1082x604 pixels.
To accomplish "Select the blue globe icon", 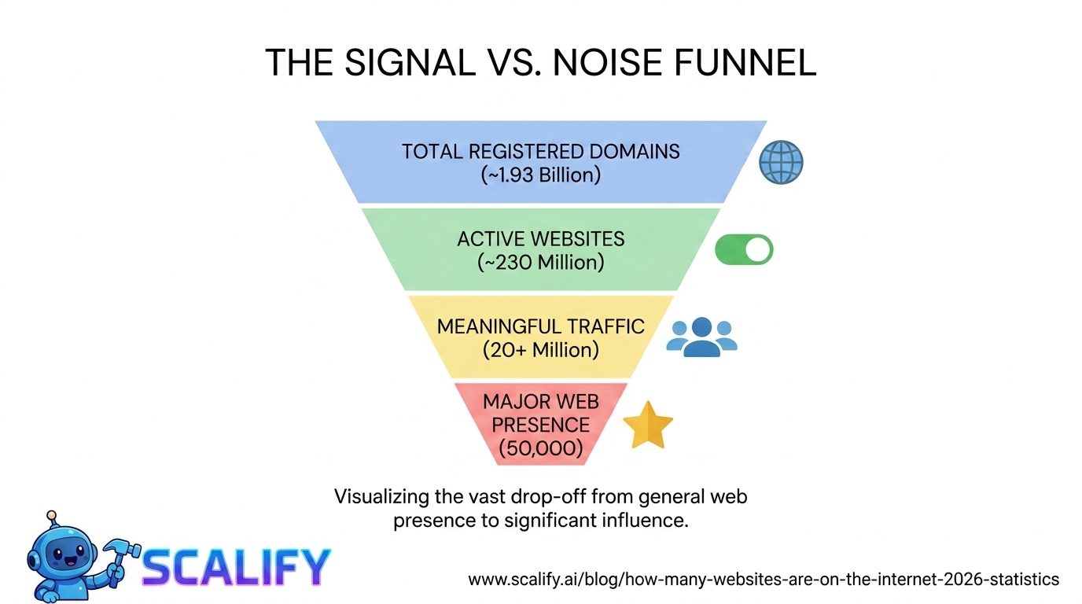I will (781, 163).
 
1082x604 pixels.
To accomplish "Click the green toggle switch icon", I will (744, 249).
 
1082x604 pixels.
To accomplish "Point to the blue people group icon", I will (701, 337).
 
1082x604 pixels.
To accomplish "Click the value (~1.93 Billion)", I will (541, 175).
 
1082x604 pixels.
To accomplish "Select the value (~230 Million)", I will (541, 262).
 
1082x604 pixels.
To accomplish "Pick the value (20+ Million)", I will (541, 349).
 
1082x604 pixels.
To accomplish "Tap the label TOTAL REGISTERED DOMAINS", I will (541, 151).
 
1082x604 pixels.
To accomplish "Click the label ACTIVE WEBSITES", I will (541, 238).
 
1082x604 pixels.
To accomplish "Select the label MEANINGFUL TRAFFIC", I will (541, 326).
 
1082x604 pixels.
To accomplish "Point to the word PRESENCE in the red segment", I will (541, 425).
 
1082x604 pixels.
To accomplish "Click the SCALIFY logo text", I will (236, 566).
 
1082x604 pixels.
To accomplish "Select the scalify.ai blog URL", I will (764, 580).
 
